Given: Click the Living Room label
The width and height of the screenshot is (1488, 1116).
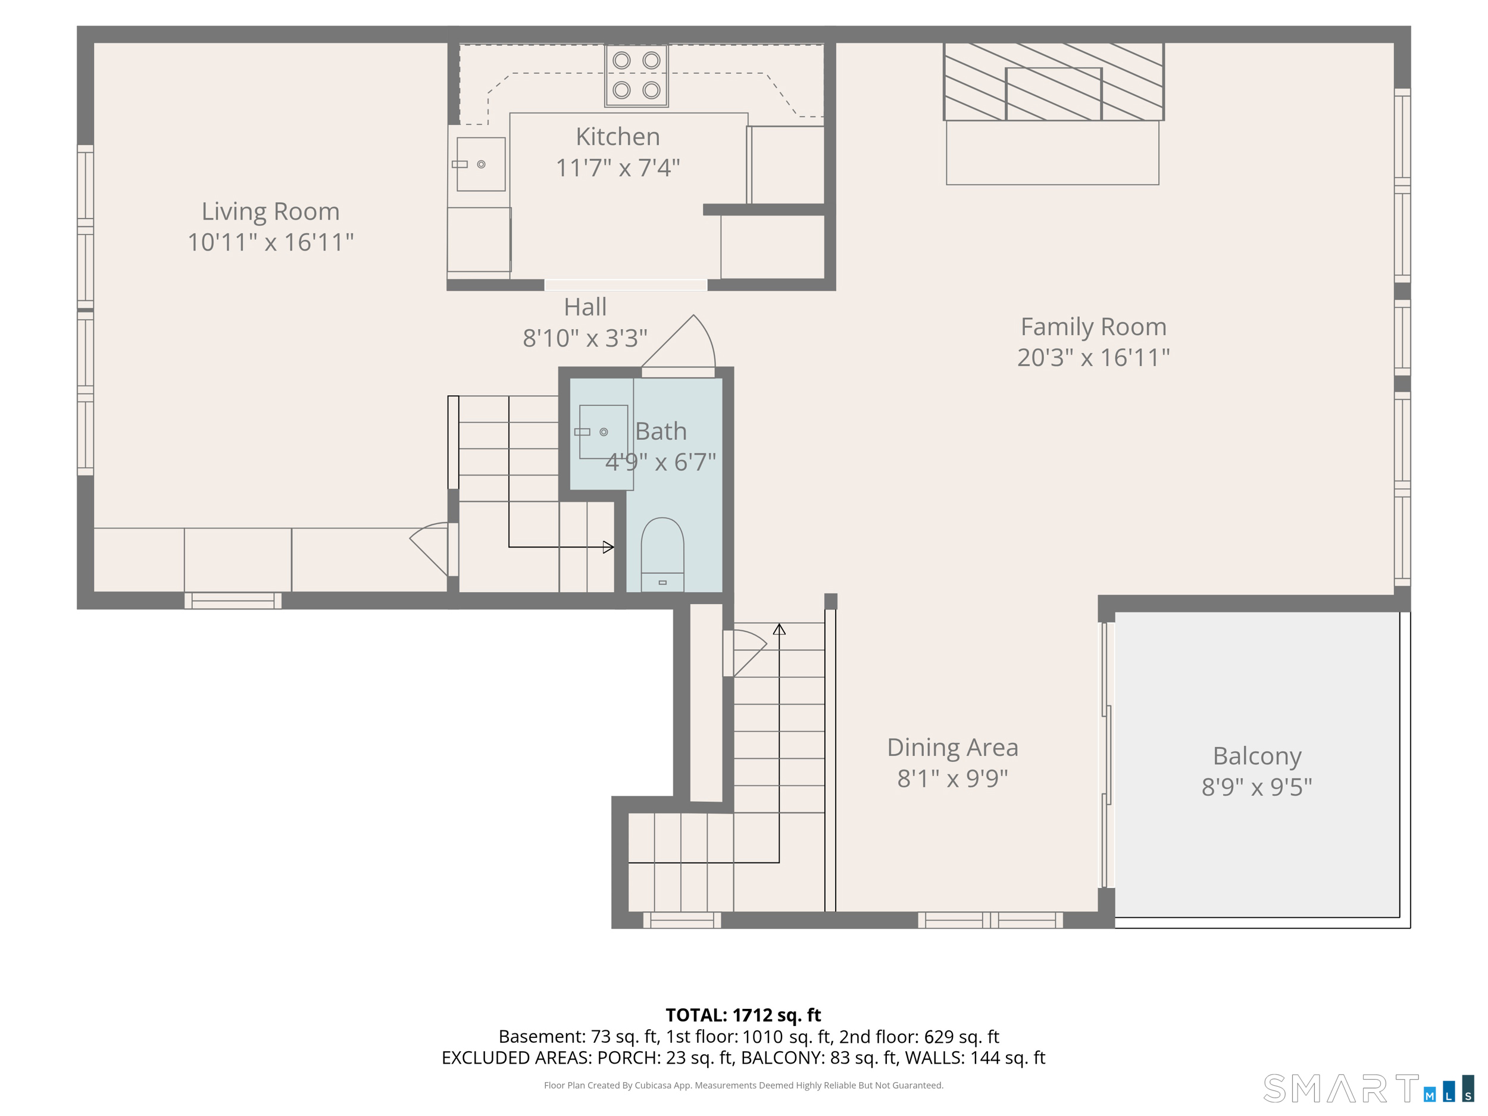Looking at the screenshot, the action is pyautogui.click(x=270, y=211).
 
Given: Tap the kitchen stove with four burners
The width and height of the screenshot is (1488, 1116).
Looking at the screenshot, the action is pyautogui.click(x=636, y=76).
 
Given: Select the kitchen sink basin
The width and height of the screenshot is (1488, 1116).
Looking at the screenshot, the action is pyautogui.click(x=480, y=164).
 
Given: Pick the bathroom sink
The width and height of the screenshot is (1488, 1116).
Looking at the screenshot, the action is pyautogui.click(x=604, y=432).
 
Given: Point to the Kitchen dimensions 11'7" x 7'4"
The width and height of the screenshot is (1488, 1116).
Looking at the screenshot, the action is pyautogui.click(x=618, y=167).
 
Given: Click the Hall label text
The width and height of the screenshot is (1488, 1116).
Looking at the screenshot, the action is pyautogui.click(x=585, y=307).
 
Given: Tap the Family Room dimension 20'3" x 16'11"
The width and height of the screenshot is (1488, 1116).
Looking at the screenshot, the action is pyautogui.click(x=1093, y=357).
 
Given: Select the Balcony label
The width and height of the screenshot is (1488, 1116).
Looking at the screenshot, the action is pyautogui.click(x=1256, y=756).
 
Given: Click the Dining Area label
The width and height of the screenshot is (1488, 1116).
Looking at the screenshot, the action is pyautogui.click(x=952, y=748).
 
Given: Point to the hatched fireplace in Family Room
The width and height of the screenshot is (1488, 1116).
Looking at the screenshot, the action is pyautogui.click(x=1054, y=82).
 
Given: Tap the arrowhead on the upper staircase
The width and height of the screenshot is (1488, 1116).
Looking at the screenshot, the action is pyautogui.click(x=608, y=547).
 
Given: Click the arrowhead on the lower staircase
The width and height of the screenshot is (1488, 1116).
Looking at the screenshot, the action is pyautogui.click(x=779, y=630).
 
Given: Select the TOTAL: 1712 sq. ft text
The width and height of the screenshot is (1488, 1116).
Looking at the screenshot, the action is pyautogui.click(x=743, y=1015).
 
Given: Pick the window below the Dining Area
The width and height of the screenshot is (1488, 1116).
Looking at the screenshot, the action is pyautogui.click(x=990, y=920).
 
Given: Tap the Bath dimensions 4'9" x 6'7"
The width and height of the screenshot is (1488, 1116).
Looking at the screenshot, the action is pyautogui.click(x=661, y=462).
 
